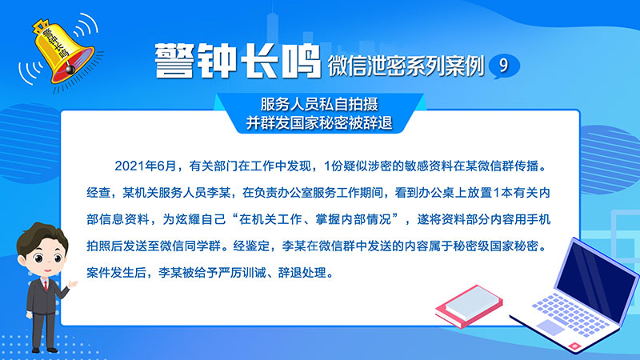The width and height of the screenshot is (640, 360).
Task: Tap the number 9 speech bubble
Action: coord(504,66)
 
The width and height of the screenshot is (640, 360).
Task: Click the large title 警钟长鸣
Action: coord(238,61)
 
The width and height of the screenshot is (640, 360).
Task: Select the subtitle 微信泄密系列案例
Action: coord(406,66)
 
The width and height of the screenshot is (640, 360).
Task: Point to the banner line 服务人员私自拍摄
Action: coord(319,104)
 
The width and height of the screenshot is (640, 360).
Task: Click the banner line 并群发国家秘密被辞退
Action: coord(319,122)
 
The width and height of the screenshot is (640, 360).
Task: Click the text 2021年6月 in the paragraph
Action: coord(145,166)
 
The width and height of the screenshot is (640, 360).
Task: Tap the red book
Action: coord(469,306)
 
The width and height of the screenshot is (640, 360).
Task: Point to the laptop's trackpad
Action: coord(550,327)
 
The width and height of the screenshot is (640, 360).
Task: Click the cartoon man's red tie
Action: coord(46,285)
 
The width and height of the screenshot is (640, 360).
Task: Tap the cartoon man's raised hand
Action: coord(73,284)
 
